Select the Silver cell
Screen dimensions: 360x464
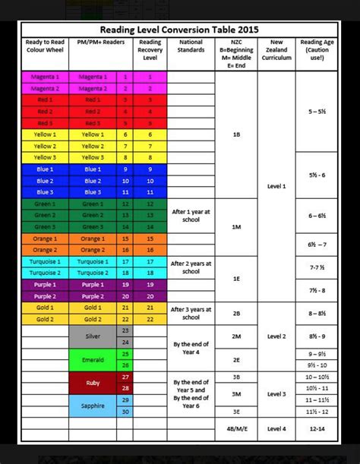tap(92, 335)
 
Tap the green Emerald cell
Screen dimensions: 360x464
tap(92, 358)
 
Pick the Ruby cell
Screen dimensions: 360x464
tap(92, 382)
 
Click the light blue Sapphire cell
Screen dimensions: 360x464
tap(92, 406)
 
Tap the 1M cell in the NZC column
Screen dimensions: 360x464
tap(235, 226)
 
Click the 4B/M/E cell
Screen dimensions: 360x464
tap(235, 428)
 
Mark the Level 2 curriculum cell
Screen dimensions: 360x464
tap(276, 335)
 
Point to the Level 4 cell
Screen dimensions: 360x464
tap(276, 428)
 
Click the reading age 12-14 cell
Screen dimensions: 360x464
tap(317, 428)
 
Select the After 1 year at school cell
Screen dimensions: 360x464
tap(191, 215)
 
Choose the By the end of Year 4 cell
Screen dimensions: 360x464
tap(191, 347)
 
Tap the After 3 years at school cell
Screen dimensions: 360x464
tap(191, 313)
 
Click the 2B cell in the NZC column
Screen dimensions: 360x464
tap(235, 313)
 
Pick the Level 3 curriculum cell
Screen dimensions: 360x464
tap(276, 393)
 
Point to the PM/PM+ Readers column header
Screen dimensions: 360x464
tap(92, 43)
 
